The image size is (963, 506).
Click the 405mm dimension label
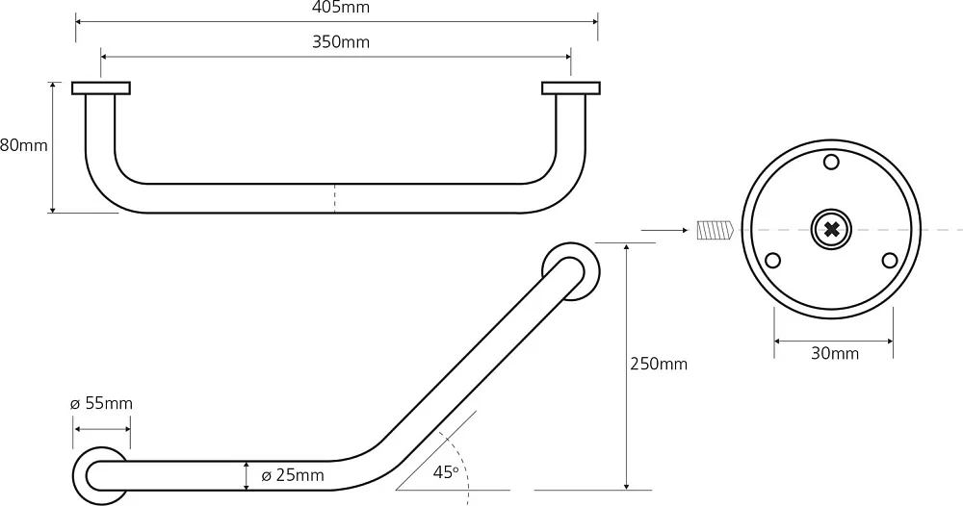[x=341, y=8]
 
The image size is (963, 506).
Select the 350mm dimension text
[x=341, y=41]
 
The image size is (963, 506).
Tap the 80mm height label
[x=23, y=145]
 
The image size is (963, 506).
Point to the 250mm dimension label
[x=659, y=364]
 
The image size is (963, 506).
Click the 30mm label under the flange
[x=835, y=353]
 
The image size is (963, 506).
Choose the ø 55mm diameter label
[x=101, y=404]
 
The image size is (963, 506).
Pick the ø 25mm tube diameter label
[x=293, y=475]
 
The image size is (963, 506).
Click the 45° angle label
[x=445, y=472]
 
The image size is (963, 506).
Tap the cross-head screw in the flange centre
[x=831, y=230]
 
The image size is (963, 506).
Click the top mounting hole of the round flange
[x=831, y=162]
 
